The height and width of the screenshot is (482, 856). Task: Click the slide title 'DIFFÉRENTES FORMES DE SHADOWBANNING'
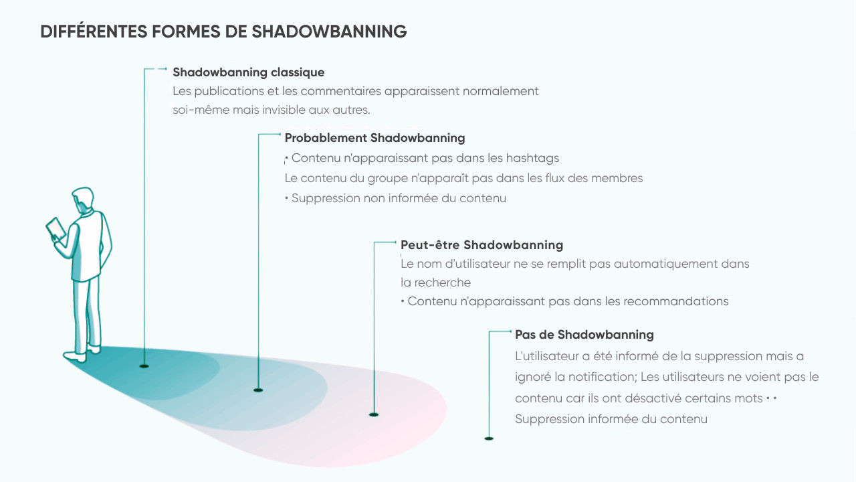click(x=223, y=31)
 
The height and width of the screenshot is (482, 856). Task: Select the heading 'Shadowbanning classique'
click(x=248, y=72)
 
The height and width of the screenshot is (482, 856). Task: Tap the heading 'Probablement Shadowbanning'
click(x=374, y=138)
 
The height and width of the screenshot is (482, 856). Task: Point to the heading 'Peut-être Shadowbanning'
click(x=481, y=245)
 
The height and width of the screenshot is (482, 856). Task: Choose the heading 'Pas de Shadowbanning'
click(x=584, y=335)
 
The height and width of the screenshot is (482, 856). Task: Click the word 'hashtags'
click(x=532, y=159)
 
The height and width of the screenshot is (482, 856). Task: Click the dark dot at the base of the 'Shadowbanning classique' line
click(x=144, y=366)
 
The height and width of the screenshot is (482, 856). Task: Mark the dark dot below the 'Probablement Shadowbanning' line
click(x=258, y=390)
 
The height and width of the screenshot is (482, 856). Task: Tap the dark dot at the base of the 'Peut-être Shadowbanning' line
click(x=373, y=415)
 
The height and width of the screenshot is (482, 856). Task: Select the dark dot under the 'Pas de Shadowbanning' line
click(x=489, y=438)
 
